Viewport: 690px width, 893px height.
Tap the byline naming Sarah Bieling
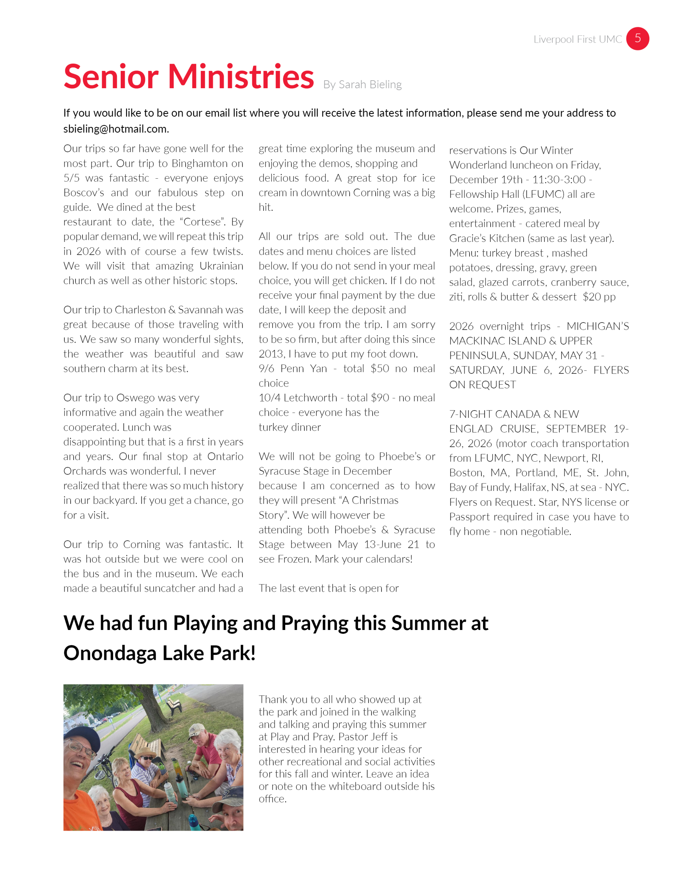(362, 85)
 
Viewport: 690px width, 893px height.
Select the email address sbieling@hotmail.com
(116, 129)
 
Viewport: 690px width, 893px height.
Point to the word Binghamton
(199, 164)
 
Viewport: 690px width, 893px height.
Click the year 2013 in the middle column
(272, 354)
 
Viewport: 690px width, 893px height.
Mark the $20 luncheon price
(591, 297)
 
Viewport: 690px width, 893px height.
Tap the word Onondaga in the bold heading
(110, 653)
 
